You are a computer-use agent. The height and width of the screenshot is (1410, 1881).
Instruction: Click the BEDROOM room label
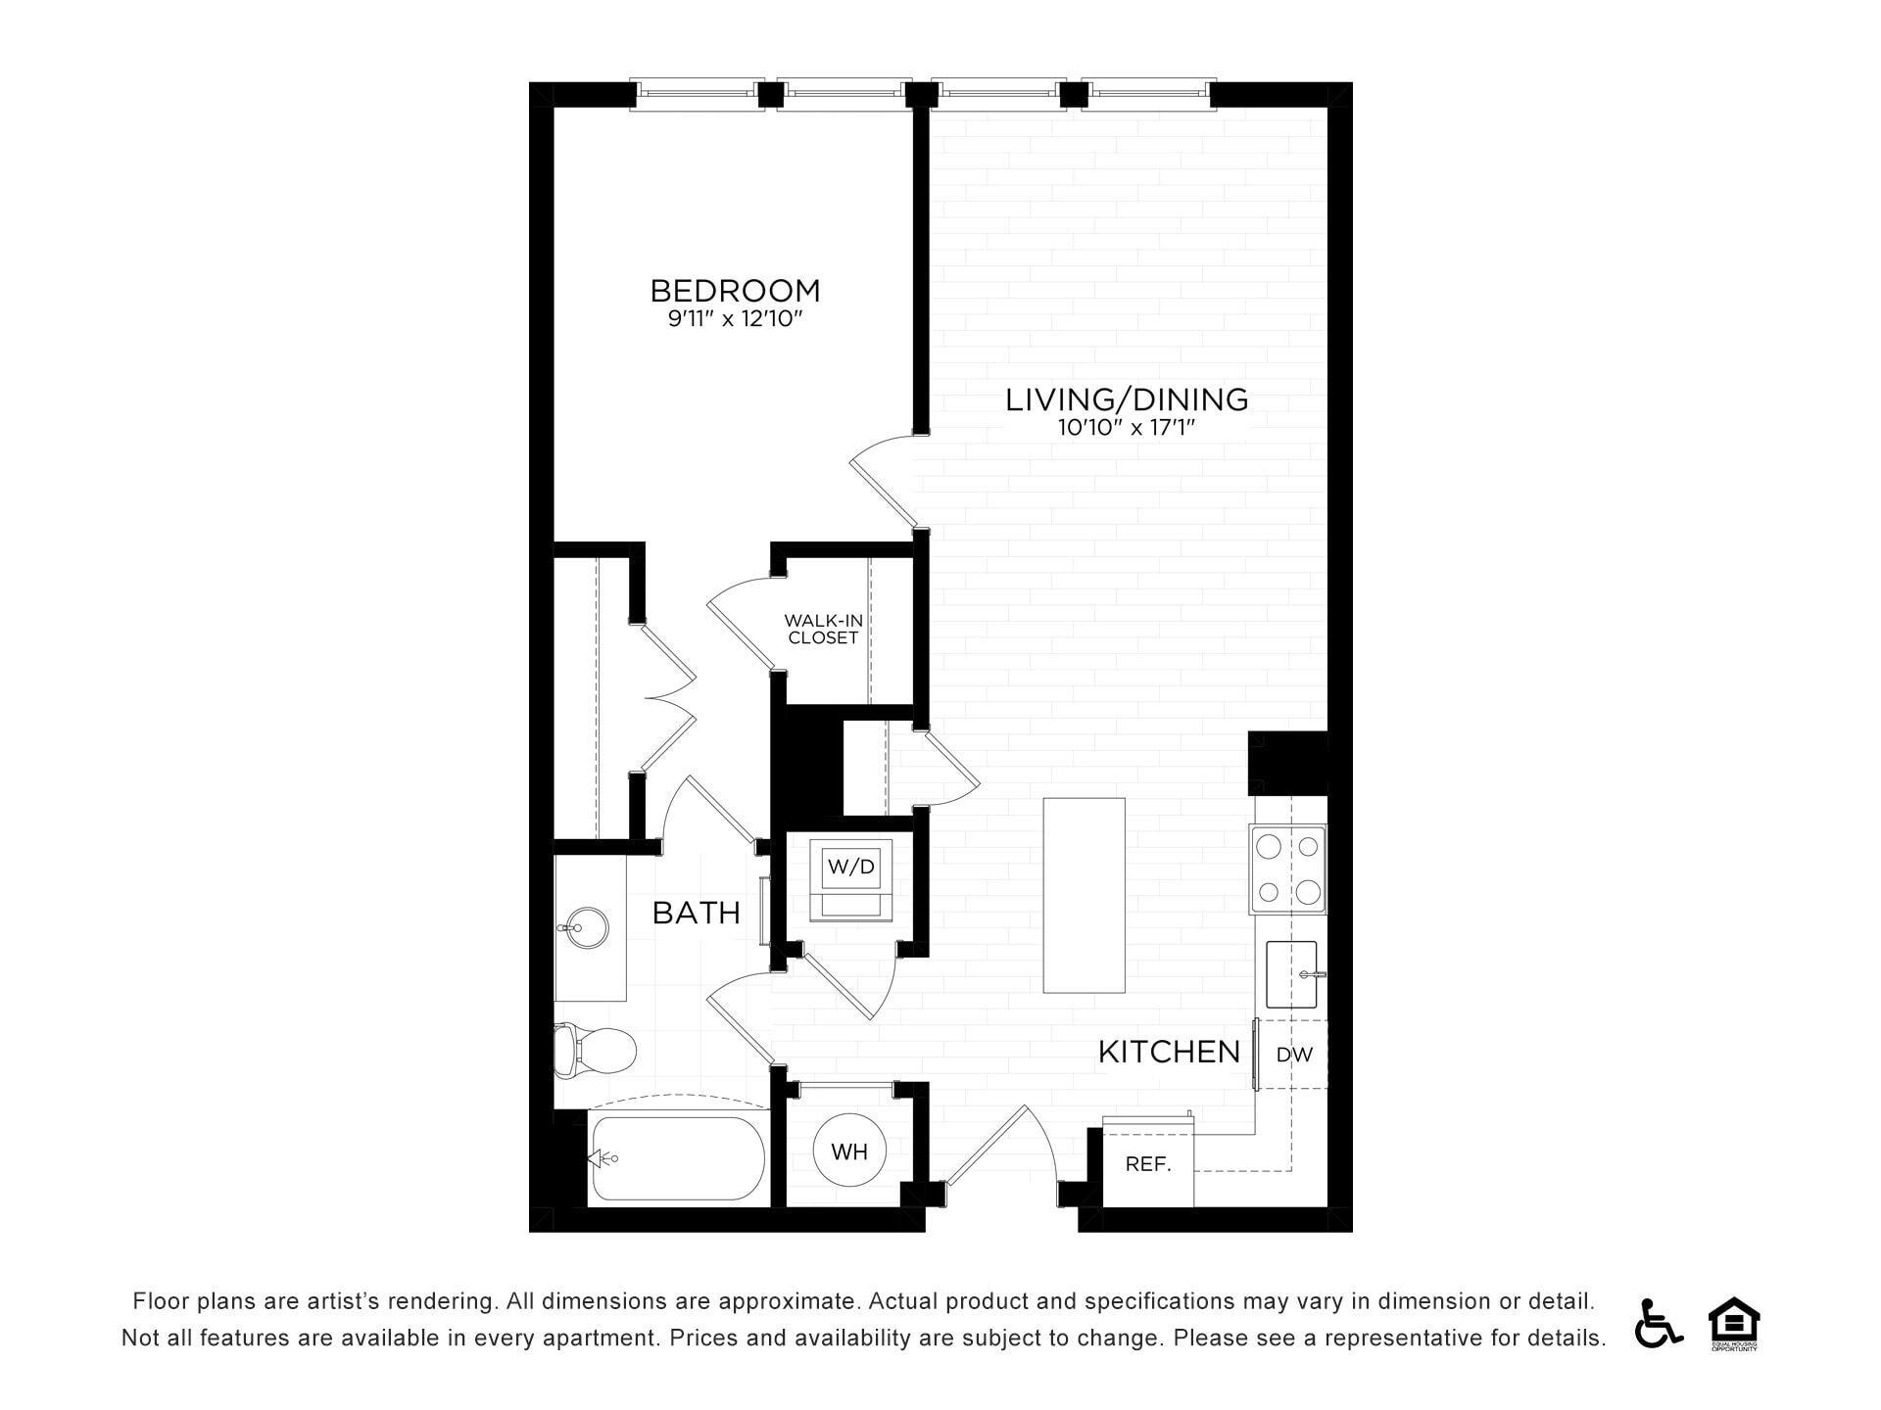click(x=735, y=291)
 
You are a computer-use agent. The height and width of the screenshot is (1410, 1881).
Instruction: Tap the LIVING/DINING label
click(x=1127, y=399)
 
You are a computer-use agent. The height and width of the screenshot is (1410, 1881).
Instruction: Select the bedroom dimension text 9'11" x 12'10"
click(x=735, y=319)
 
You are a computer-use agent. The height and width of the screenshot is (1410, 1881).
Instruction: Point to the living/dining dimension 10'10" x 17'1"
click(x=1127, y=428)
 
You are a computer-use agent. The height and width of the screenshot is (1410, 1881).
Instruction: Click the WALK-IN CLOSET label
click(x=823, y=629)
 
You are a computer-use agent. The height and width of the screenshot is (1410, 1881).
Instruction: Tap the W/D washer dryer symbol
click(x=850, y=878)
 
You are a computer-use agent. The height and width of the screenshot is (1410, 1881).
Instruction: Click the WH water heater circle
click(x=849, y=1151)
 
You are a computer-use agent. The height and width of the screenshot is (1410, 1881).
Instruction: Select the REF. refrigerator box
click(x=1148, y=1165)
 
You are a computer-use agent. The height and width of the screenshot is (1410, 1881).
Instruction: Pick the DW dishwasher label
click(x=1294, y=1055)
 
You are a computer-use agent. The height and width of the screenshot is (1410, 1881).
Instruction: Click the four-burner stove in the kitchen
click(x=1287, y=869)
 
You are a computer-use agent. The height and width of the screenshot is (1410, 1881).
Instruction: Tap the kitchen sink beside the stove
click(x=1292, y=974)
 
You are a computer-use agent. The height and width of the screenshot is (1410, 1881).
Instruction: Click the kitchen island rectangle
click(x=1084, y=895)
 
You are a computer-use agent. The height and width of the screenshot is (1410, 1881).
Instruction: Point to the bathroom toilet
click(x=594, y=1051)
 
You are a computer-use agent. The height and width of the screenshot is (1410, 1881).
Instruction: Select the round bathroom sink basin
click(x=583, y=927)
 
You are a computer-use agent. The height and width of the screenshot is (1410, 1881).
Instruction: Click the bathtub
click(x=678, y=1158)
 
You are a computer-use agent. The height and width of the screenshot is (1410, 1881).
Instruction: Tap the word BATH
click(x=697, y=914)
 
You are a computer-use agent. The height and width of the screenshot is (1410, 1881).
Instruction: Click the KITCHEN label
click(x=1169, y=1053)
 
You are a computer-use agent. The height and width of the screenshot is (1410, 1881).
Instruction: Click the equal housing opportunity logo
click(x=1734, y=1323)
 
